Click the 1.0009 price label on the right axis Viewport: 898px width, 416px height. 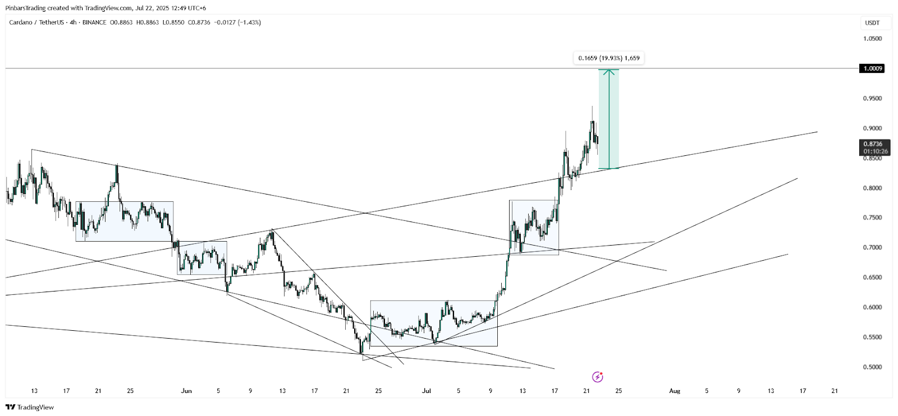[872, 68]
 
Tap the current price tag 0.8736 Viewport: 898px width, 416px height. [875, 144]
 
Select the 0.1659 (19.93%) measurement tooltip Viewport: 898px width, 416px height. [608, 58]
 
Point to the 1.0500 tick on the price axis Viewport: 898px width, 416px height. [872, 39]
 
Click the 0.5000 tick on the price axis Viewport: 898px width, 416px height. [872, 367]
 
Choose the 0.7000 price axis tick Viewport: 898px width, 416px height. [872, 247]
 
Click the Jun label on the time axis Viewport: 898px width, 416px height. [186, 391]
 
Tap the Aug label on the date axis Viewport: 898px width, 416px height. [675, 391]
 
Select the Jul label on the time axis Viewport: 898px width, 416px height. [427, 391]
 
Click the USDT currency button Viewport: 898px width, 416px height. [872, 23]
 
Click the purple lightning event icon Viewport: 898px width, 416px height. [597, 377]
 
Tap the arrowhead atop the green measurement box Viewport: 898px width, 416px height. [609, 71]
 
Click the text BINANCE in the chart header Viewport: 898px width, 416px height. [94, 22]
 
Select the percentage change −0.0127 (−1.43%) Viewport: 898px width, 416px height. [237, 22]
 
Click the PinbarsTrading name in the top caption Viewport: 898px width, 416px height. [25, 8]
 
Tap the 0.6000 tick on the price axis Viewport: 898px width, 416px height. [872, 307]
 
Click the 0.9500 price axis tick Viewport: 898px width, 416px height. [872, 99]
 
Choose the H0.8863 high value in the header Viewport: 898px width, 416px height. [148, 22]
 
